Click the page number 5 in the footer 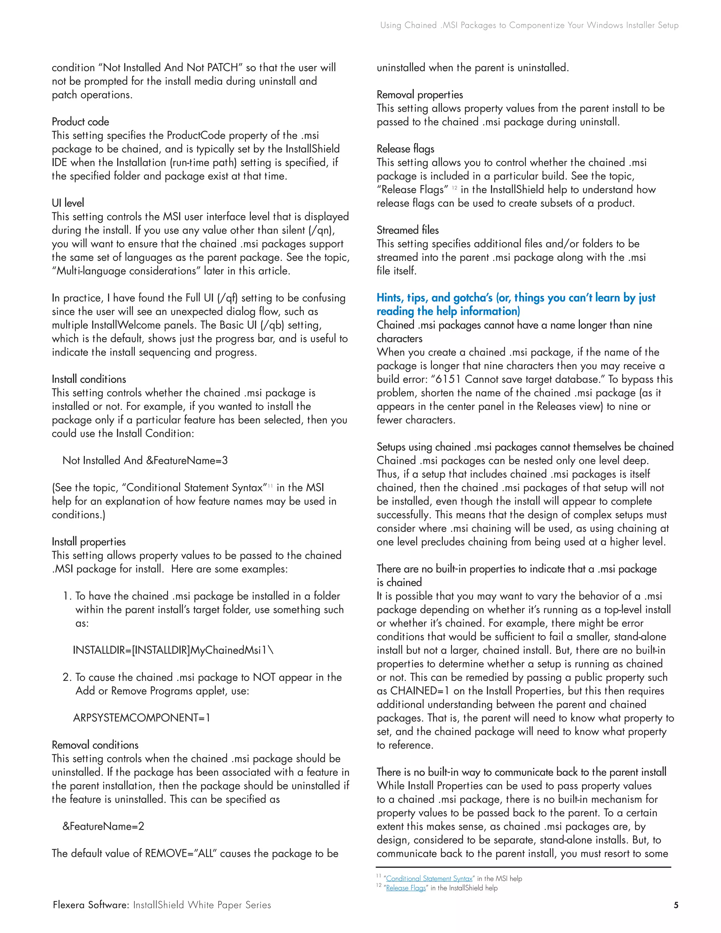[676, 905]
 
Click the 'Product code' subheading [80, 122]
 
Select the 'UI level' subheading [68, 203]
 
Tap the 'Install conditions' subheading [89, 379]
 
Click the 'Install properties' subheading [89, 542]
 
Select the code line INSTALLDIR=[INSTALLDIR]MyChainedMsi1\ [173, 650]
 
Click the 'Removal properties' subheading [419, 95]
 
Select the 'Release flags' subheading [405, 149]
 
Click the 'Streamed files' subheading [407, 230]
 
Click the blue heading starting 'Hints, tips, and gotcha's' [515, 298]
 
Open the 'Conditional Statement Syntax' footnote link [429, 879]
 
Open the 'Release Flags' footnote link [406, 888]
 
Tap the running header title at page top [529, 25]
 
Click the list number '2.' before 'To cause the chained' [67, 677]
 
